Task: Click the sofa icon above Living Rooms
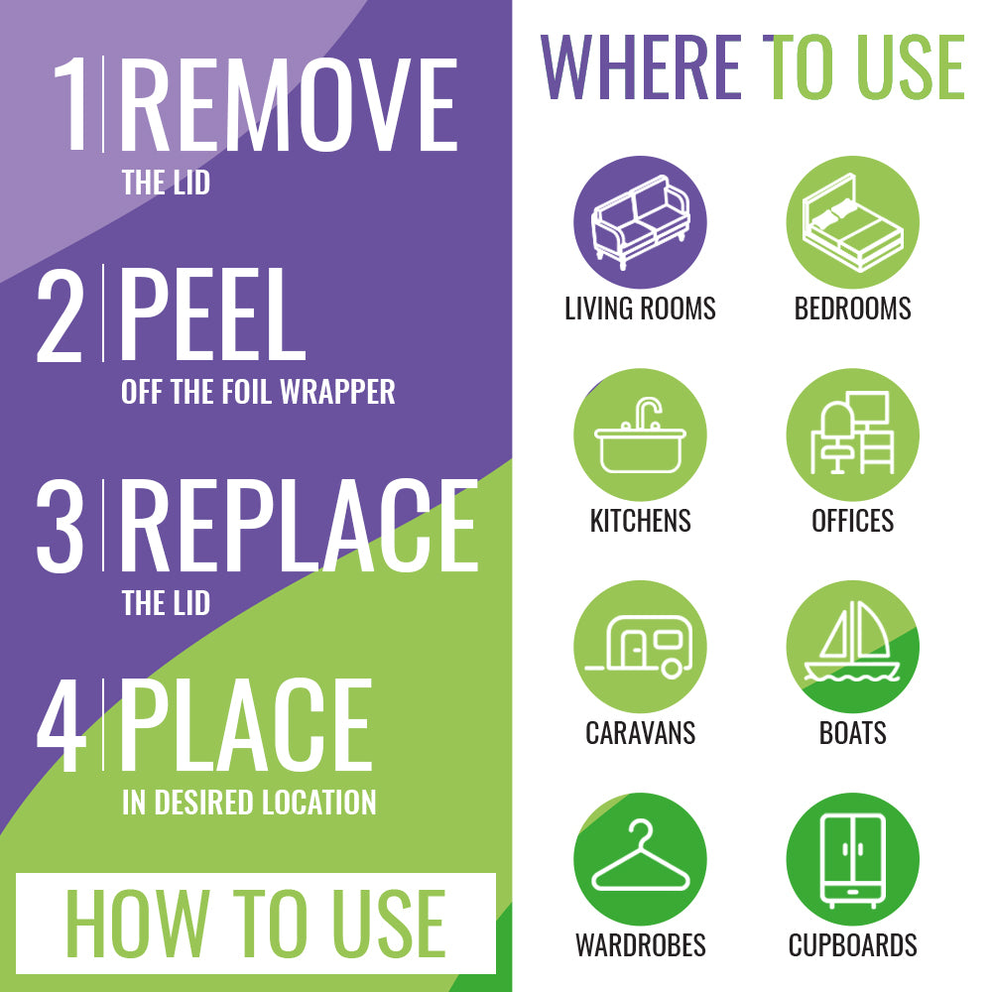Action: tap(640, 222)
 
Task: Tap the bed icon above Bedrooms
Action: tap(852, 222)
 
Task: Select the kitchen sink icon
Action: tap(640, 435)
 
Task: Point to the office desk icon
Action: tap(852, 433)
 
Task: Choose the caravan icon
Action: tap(639, 647)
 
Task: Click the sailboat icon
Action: tap(852, 642)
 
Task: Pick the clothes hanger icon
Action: tap(640, 855)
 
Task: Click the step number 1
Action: tap(70, 104)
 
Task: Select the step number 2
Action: tap(61, 315)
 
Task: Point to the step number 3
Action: tap(61, 526)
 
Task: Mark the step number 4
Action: tap(62, 726)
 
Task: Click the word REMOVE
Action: tap(289, 104)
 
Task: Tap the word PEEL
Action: tap(212, 314)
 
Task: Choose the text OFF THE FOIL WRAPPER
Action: tap(258, 392)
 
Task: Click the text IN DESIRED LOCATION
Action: tap(249, 803)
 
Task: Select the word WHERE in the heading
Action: tap(640, 67)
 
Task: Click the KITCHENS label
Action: tap(640, 521)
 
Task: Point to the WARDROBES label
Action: tap(640, 945)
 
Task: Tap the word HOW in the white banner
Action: tap(137, 923)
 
